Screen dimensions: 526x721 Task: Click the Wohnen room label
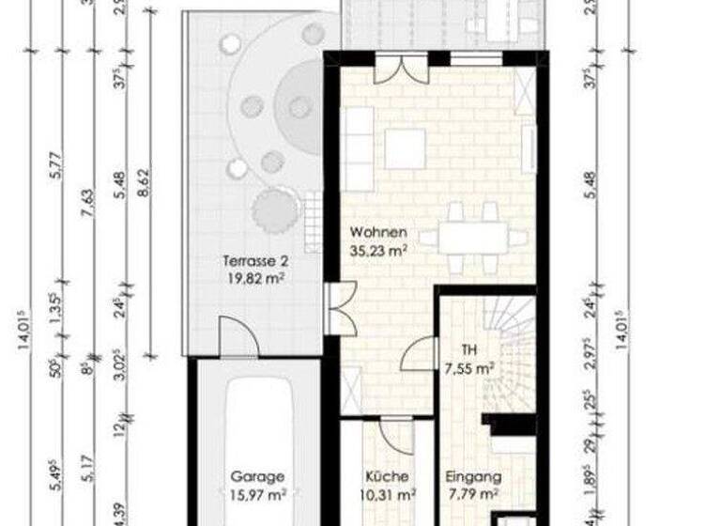(x=378, y=232)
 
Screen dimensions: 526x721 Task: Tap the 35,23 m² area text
(x=378, y=250)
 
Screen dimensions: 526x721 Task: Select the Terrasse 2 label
(x=253, y=261)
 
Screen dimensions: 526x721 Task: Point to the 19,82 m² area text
(x=253, y=278)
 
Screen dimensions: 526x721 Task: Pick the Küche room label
(x=387, y=476)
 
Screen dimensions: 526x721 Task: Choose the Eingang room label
(x=473, y=476)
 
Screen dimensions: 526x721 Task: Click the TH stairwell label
(x=469, y=350)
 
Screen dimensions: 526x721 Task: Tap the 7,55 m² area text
(x=470, y=368)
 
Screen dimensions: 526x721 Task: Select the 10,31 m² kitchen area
(x=387, y=494)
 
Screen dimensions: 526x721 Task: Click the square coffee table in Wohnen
(x=405, y=149)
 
